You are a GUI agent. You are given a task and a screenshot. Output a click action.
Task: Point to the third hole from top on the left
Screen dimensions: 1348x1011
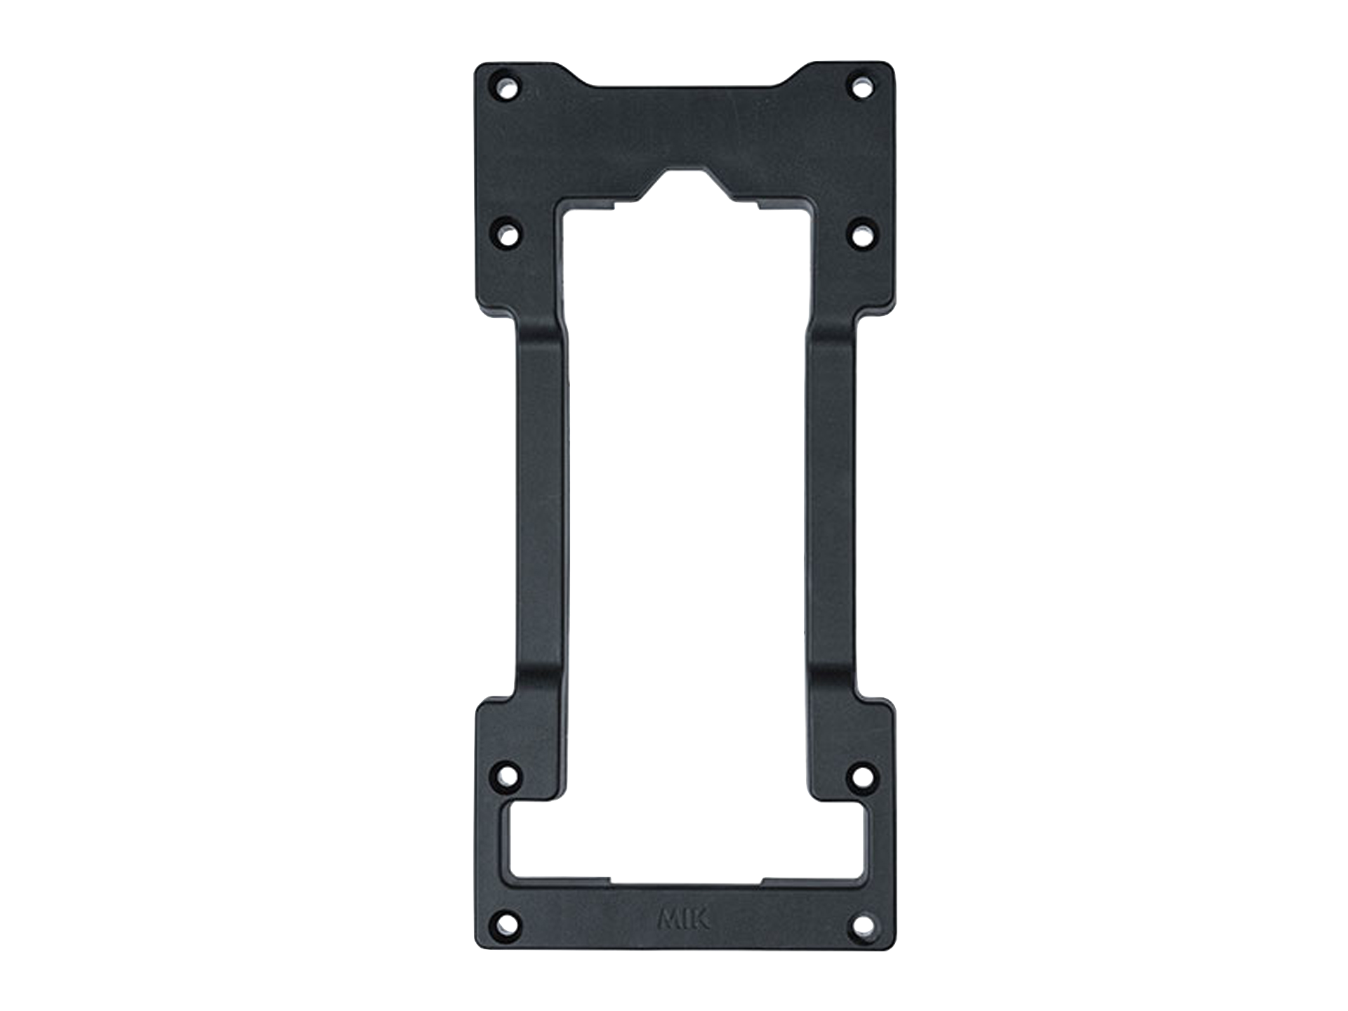(x=508, y=777)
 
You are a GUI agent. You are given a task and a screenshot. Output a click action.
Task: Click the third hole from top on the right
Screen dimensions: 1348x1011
(x=862, y=777)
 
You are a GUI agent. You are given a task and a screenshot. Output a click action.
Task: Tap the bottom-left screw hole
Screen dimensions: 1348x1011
(x=507, y=920)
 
